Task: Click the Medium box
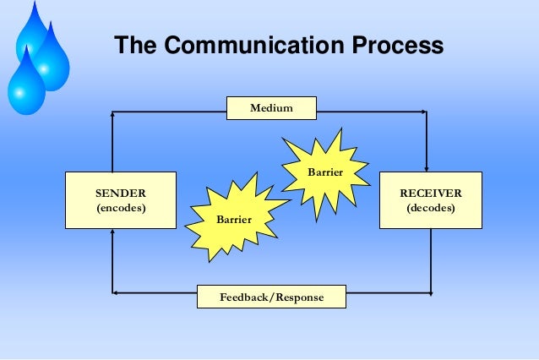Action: click(271, 108)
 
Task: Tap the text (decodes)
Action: click(430, 207)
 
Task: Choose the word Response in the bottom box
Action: click(300, 298)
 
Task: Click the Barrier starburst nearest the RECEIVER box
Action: click(325, 172)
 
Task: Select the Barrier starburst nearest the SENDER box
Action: click(233, 220)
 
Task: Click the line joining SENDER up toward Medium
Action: click(112, 144)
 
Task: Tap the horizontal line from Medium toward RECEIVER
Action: click(372, 112)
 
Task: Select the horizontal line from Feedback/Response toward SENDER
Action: click(156, 294)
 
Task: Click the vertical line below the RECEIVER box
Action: click(431, 262)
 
